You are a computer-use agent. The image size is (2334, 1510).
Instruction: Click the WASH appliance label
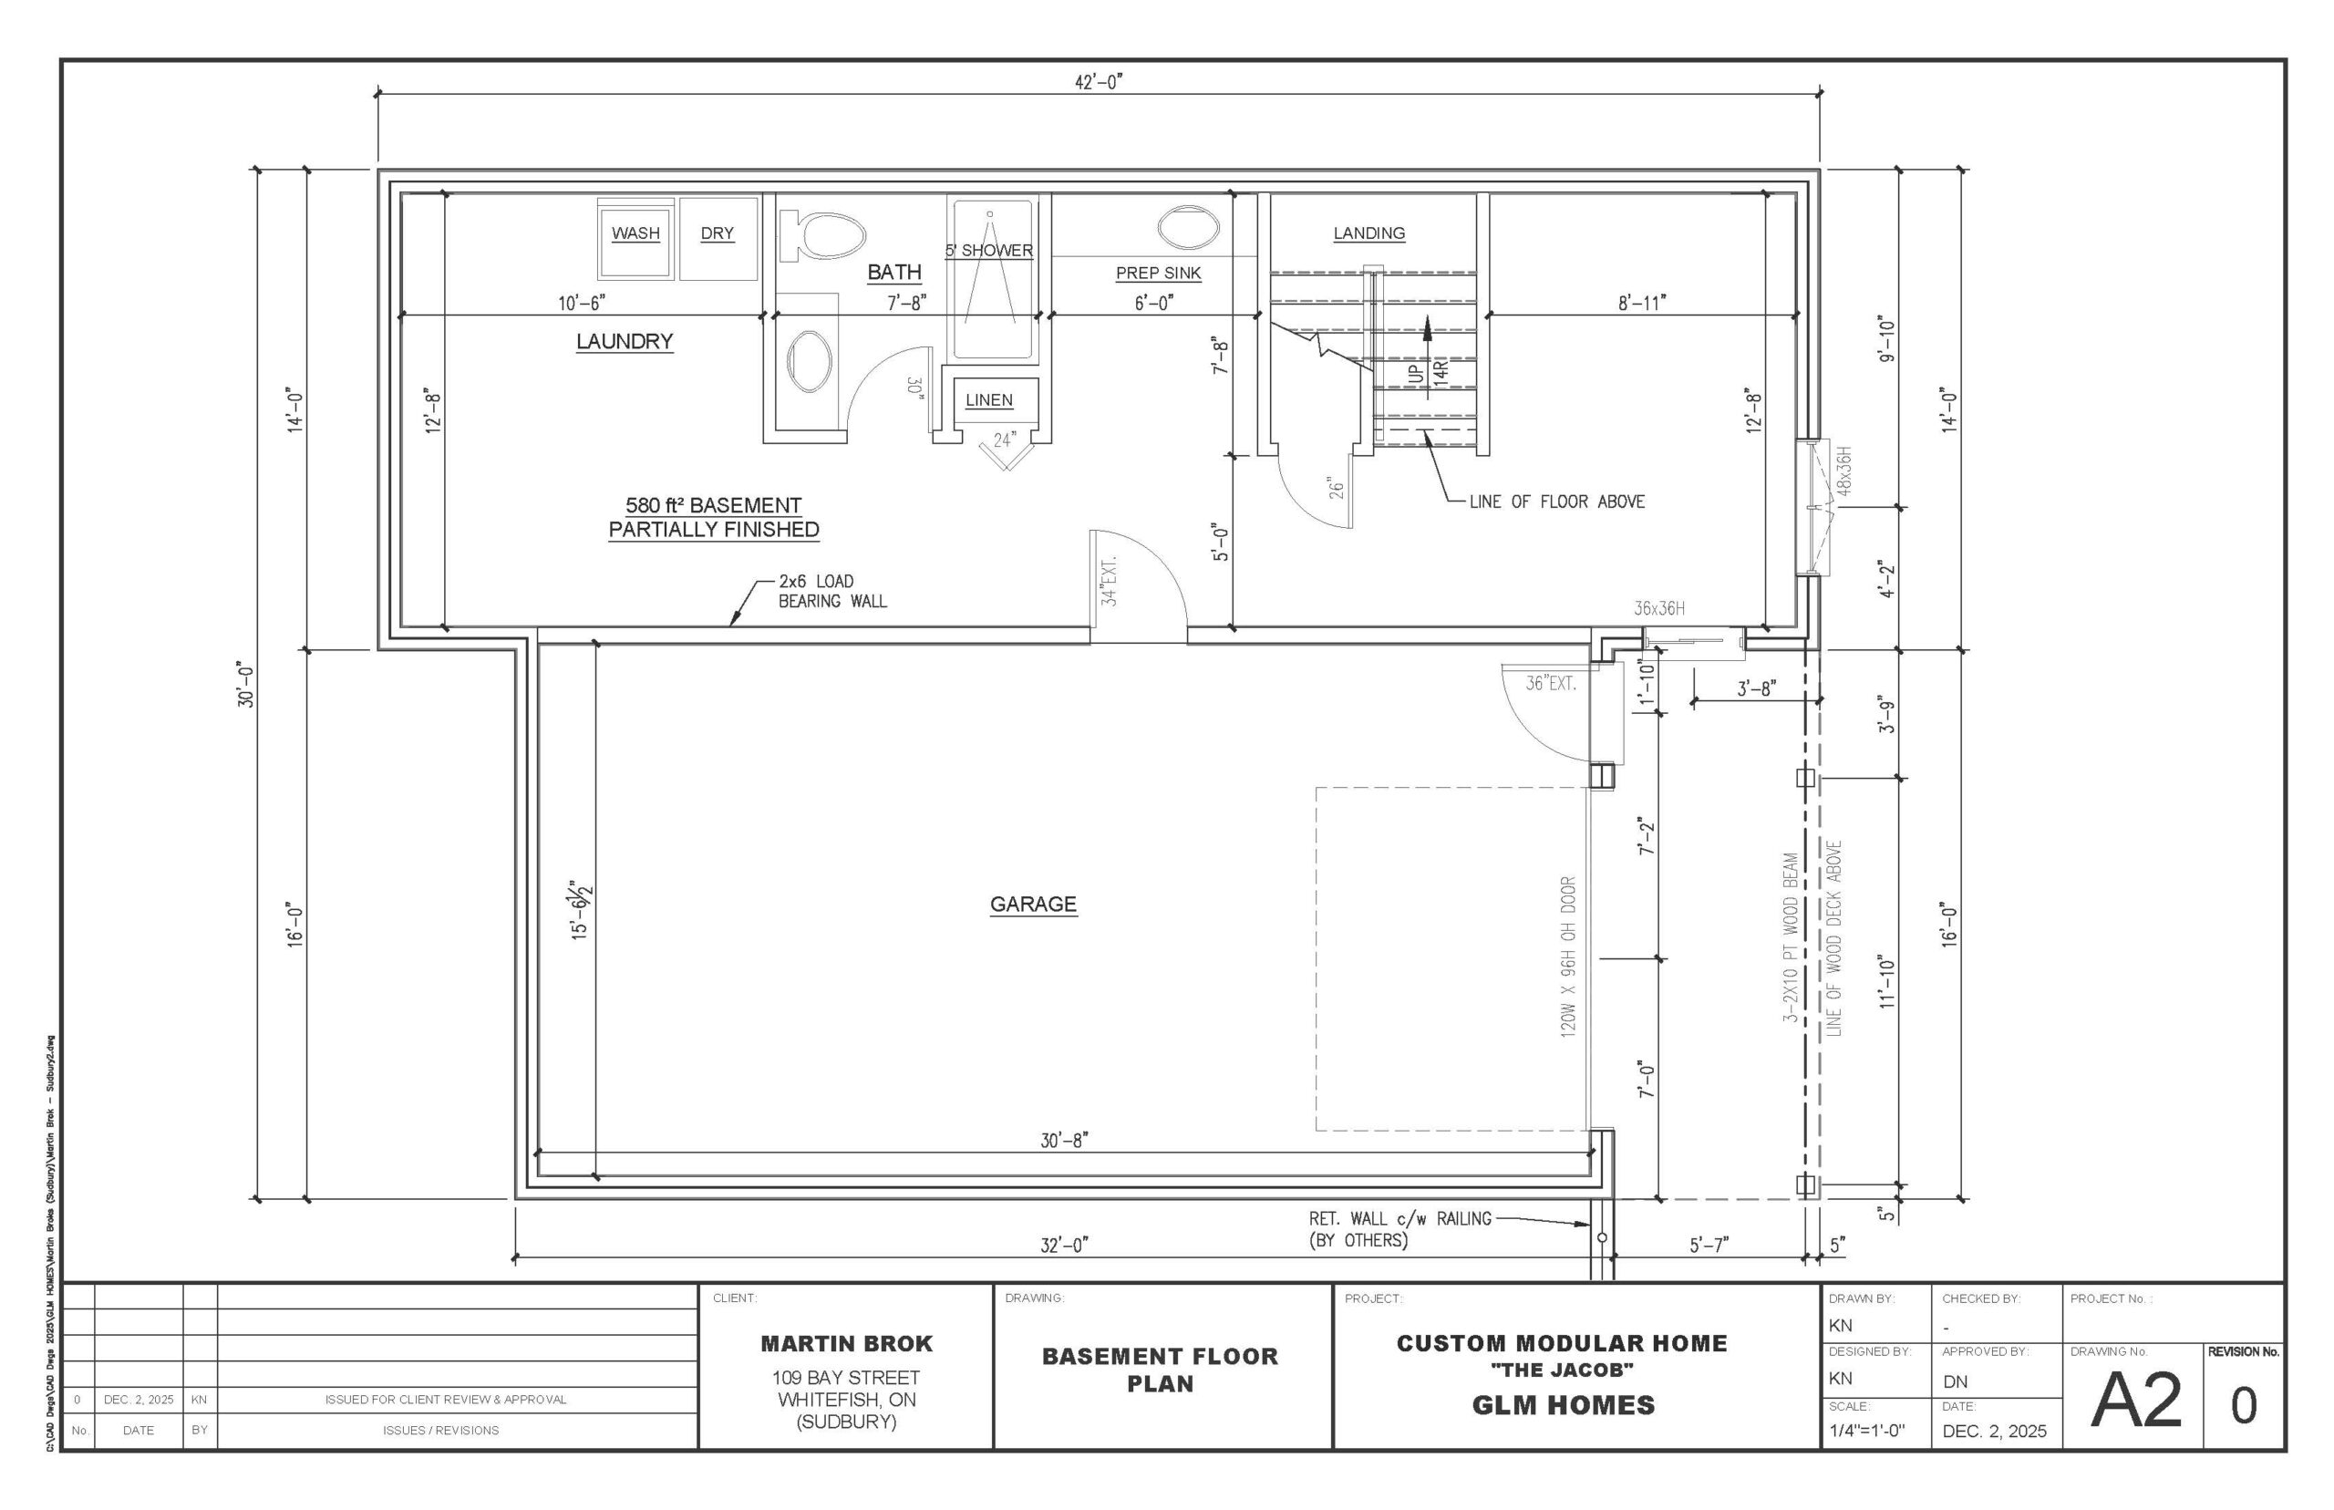(x=635, y=233)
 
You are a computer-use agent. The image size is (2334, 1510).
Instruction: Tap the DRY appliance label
(x=717, y=233)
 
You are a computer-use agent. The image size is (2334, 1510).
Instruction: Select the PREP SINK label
(x=1158, y=273)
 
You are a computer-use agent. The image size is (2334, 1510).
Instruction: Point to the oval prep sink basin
(x=1188, y=227)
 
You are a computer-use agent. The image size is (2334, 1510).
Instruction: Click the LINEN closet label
(x=989, y=400)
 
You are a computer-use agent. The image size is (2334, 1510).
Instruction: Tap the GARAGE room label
(x=1033, y=904)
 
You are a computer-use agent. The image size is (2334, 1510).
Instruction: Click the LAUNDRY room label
(x=625, y=341)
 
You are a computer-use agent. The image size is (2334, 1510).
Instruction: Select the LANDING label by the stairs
(x=1368, y=233)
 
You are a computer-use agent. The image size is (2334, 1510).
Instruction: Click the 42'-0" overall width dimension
(x=1098, y=82)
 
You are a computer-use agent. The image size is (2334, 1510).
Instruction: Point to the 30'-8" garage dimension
(x=1065, y=1141)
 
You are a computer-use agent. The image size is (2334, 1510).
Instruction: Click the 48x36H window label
(x=1843, y=471)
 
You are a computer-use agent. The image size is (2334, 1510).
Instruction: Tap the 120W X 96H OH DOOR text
(x=1567, y=957)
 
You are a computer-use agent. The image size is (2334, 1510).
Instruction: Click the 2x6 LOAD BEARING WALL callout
(x=832, y=591)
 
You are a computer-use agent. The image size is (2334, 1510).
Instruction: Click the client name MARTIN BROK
(x=847, y=1343)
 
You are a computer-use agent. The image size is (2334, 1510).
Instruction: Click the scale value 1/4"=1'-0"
(x=1866, y=1431)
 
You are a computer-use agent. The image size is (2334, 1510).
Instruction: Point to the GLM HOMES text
(x=1564, y=1405)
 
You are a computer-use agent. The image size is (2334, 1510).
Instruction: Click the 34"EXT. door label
(x=1109, y=582)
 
